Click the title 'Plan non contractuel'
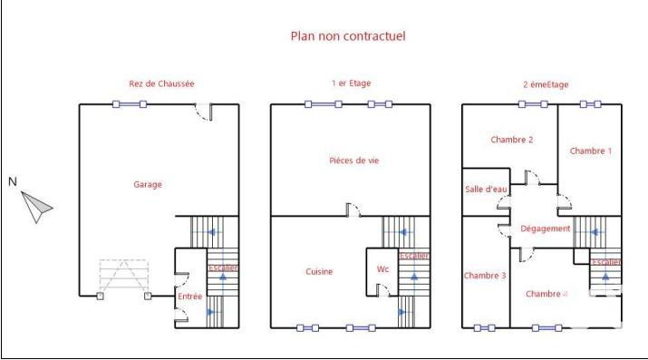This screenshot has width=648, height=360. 347,37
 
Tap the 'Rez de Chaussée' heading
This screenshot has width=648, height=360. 161,84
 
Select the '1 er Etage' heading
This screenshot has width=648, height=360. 351,83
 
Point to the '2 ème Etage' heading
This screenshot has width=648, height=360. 546,84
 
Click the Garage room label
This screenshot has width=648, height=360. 148,185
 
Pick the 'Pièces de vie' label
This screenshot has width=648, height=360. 353,161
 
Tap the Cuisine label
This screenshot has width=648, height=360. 319,271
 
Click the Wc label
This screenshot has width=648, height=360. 382,269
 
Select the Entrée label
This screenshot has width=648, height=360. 189,297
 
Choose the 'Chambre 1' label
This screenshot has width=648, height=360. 590,151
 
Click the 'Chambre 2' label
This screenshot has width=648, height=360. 511,140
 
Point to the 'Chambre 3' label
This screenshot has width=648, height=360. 485,276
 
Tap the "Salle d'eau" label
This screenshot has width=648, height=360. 486,189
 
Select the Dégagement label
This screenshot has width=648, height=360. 545,229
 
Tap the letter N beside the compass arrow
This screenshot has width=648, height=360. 13,181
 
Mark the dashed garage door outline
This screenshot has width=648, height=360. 123,277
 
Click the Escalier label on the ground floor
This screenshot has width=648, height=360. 222,268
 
